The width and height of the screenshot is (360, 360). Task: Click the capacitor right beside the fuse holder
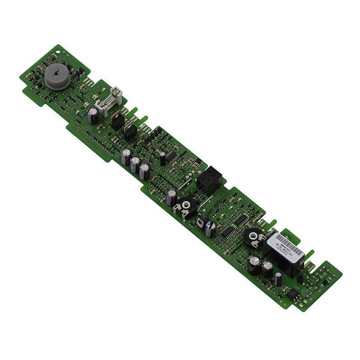(94, 116)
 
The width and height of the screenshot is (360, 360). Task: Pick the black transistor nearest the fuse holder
(116, 120)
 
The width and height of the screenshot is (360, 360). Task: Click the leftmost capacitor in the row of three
(126, 157)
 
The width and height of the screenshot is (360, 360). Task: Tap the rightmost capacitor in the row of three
(144, 171)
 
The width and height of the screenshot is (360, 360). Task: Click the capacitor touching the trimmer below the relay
(171, 197)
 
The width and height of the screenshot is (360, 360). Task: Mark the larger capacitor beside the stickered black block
(253, 263)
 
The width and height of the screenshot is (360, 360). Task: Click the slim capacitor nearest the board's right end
(279, 278)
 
